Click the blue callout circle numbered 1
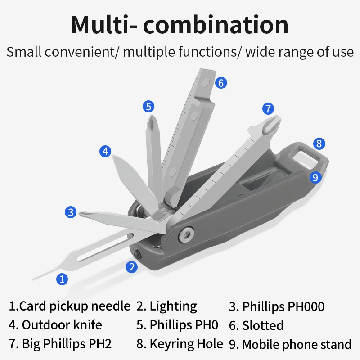[62, 279]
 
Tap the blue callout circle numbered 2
[131, 267]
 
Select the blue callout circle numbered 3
[71, 212]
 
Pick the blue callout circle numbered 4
[105, 151]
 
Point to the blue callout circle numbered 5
[148, 107]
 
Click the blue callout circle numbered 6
[221, 83]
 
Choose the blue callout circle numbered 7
[268, 108]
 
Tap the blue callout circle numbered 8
[319, 144]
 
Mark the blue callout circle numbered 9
[315, 177]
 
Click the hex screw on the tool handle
[186, 234]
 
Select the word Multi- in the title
[104, 25]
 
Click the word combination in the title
[216, 24]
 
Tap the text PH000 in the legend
[306, 306]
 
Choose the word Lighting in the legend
[173, 307]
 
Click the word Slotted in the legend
[263, 325]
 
